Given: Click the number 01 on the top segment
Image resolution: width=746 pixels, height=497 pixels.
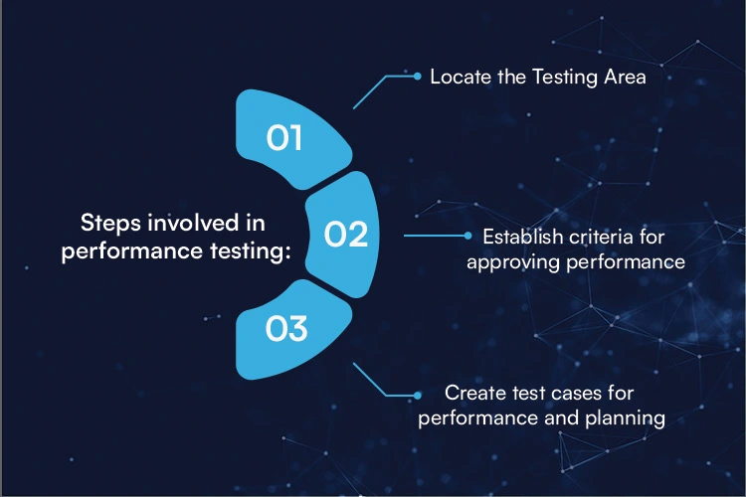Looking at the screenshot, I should tap(284, 138).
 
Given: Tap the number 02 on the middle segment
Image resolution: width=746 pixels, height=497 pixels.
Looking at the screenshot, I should tap(346, 235).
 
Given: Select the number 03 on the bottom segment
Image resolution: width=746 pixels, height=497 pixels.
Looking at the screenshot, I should tap(285, 328).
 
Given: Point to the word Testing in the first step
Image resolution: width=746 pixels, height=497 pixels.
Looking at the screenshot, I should tap(554, 77).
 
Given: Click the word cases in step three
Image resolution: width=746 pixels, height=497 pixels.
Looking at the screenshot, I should tap(555, 394).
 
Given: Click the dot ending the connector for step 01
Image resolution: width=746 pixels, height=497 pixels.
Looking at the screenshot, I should tap(418, 75).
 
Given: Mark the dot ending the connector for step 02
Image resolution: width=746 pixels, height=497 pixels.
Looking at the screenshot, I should tap(468, 237).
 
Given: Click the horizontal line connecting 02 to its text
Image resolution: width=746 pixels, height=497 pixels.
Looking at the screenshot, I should tap(435, 237).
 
